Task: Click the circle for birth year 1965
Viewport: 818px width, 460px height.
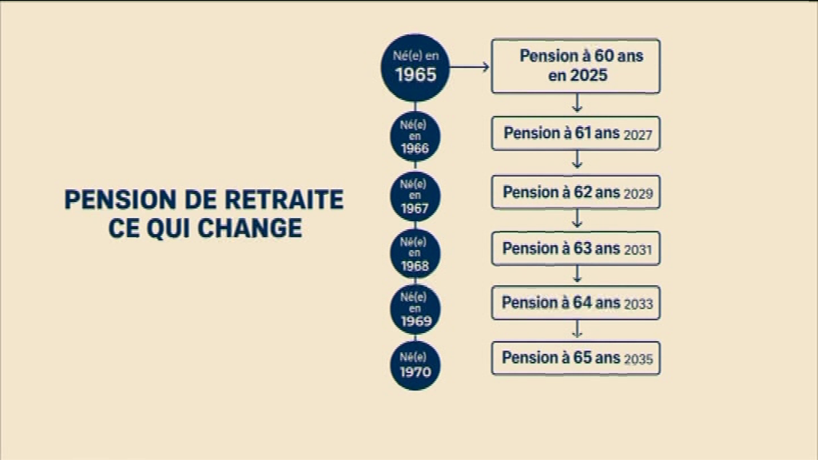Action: coord(415,68)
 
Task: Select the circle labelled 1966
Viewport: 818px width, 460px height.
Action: coord(415,137)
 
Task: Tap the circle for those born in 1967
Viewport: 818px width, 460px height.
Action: coord(415,196)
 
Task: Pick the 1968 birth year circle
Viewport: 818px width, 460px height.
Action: coord(415,253)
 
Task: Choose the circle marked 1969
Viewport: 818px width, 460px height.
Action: coord(415,309)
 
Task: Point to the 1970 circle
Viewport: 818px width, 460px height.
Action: coord(415,365)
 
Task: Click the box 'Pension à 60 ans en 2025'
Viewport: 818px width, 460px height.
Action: coord(576,66)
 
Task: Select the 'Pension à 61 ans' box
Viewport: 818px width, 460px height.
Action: coord(576,133)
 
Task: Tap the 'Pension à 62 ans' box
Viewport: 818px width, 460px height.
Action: coord(576,192)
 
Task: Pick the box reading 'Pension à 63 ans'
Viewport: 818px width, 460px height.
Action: coord(576,248)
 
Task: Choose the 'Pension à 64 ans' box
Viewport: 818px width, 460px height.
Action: coord(576,303)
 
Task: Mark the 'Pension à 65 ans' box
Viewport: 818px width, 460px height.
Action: coord(576,358)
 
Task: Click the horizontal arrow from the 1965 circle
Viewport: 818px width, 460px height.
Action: coord(470,67)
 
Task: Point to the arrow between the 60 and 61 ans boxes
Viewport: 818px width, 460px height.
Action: coord(577,103)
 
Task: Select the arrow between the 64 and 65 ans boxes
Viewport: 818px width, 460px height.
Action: coord(577,329)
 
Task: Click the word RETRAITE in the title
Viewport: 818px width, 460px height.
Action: coord(284,200)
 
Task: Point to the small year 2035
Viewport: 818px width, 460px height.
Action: coord(638,359)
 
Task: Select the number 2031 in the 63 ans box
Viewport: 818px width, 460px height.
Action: coord(638,250)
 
